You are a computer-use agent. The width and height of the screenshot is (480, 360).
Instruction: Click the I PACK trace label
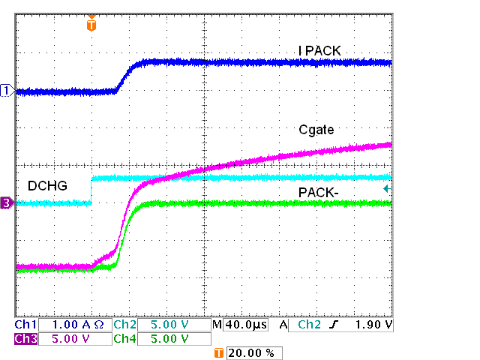[320, 51]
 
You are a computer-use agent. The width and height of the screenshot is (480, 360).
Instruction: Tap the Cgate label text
[316, 130]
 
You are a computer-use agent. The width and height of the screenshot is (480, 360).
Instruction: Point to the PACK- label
[319, 193]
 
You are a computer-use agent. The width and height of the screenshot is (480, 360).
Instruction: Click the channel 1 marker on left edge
[7, 91]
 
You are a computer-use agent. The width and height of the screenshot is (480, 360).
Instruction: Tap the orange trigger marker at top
[91, 25]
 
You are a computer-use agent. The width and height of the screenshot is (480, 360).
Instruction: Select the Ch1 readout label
[25, 325]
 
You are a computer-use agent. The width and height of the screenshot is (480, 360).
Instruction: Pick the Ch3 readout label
[25, 338]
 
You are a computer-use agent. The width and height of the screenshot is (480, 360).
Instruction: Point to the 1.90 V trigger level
[374, 325]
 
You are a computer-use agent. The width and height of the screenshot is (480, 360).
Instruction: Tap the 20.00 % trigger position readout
[253, 352]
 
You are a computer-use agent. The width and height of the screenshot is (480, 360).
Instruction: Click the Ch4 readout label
[124, 338]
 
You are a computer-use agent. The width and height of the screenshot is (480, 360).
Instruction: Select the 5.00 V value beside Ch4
[169, 338]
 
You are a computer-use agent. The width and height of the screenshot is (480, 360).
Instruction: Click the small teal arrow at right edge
[386, 190]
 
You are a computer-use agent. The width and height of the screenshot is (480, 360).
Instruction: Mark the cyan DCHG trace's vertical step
[91, 190]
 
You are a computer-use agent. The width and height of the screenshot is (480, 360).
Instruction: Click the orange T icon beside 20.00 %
[219, 352]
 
